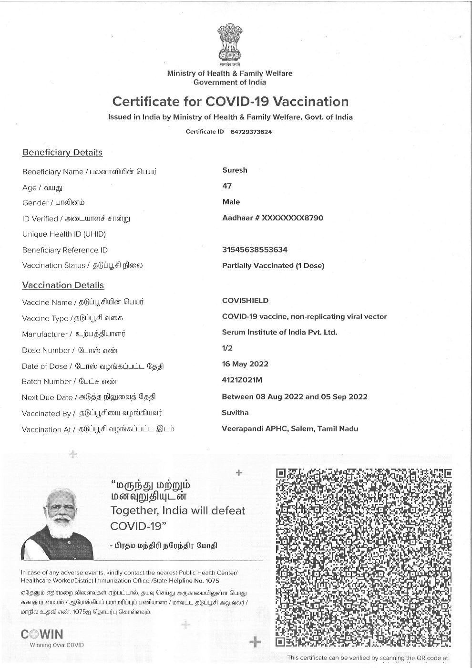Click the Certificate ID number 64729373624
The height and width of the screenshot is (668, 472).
[x=251, y=132]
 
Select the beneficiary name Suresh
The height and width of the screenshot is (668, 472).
[x=235, y=170]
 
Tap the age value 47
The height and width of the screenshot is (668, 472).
[x=227, y=186]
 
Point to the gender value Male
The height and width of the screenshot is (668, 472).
[x=231, y=202]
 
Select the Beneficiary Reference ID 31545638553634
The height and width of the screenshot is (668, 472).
[x=255, y=250]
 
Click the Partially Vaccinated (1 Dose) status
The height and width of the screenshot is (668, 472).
[x=273, y=265]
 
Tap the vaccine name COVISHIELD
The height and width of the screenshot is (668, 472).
[x=245, y=301]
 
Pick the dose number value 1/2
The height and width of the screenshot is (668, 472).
[x=227, y=348]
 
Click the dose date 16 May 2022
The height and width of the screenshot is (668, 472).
[x=245, y=364]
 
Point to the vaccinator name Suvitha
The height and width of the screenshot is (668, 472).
[x=235, y=413]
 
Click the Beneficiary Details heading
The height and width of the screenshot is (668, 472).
[x=62, y=153]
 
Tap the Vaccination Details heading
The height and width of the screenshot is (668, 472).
[x=63, y=285]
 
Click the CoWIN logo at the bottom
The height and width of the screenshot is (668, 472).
[x=42, y=635]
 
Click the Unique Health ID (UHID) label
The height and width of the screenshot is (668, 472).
[x=64, y=234]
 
